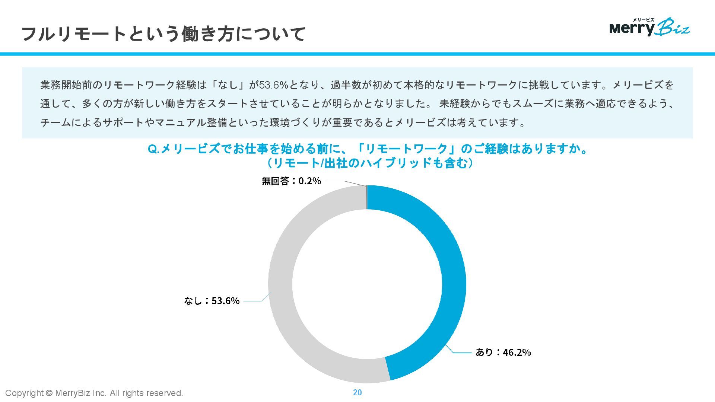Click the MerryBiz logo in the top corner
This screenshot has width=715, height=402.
(649, 27)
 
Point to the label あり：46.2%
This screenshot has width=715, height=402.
(503, 352)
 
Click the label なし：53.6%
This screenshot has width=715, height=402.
(212, 301)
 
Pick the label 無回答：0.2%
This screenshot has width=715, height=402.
(291, 181)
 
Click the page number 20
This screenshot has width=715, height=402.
(357, 392)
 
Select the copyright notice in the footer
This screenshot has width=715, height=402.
(94, 393)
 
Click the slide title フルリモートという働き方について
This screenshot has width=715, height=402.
(164, 33)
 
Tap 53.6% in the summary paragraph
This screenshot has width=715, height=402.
(274, 85)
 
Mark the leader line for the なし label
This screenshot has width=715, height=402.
(255, 300)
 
